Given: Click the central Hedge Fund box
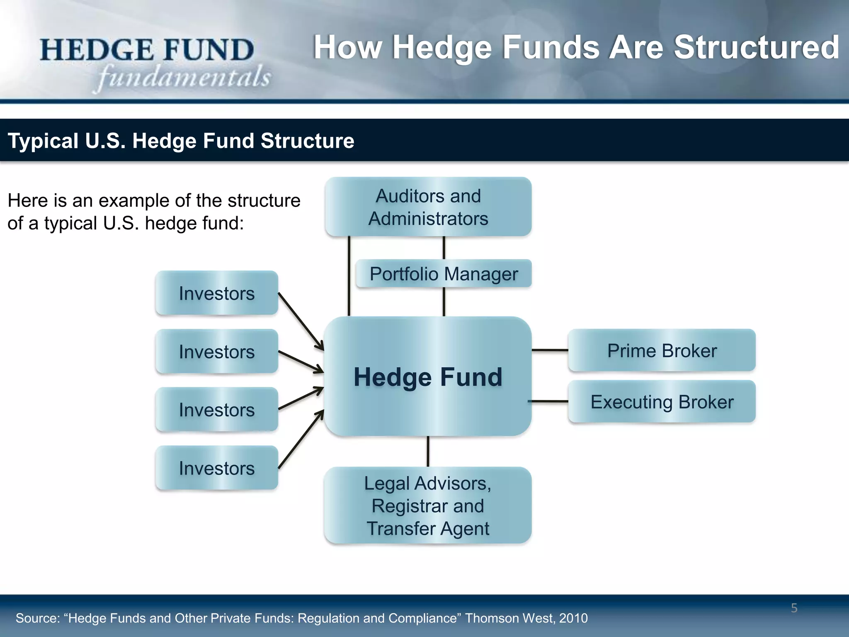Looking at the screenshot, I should (x=428, y=377).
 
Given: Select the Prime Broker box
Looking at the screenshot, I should (x=662, y=350).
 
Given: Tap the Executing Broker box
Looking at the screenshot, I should (x=662, y=402).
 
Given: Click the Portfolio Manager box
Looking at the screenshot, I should (x=444, y=274).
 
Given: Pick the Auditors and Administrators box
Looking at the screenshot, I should (x=428, y=207).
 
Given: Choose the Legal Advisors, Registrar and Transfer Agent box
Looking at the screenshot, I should (x=428, y=506).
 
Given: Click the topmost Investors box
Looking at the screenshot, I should (x=216, y=293).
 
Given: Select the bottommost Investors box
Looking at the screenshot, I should (x=216, y=468).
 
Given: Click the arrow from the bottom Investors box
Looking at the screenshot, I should (x=301, y=440).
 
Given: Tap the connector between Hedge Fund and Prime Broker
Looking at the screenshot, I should (x=550, y=350).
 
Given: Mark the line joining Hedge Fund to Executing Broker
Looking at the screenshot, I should (x=548, y=401).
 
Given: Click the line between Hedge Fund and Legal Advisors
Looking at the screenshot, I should (x=428, y=451).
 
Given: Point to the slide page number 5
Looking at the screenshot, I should (x=794, y=608).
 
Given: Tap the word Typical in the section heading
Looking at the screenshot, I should (x=43, y=141).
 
